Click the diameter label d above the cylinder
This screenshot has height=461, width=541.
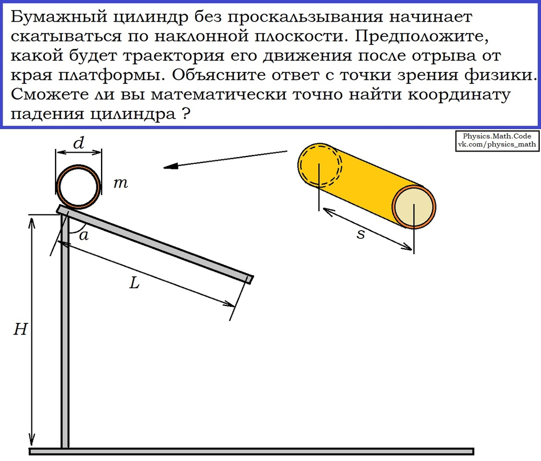pos(79,144)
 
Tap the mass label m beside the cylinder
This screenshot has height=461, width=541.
pos(120,183)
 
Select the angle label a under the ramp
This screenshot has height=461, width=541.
pos(84,235)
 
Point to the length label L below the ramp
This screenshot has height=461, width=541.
pos(134,283)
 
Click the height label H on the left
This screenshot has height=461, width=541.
pos(20,330)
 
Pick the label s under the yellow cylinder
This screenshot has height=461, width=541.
pos(361,234)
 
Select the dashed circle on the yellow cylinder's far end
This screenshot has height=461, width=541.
pos(320,165)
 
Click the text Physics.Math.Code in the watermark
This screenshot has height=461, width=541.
pos(497,136)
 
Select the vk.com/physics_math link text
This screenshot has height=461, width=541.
pos(497,144)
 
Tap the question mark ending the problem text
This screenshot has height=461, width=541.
pos(184,114)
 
